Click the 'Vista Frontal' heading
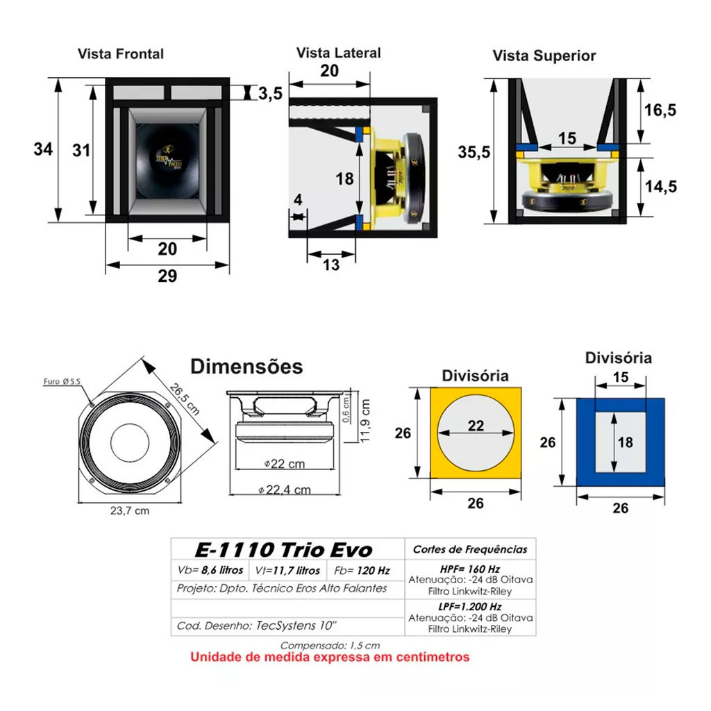pos(121,53)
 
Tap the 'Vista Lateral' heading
pos(338,53)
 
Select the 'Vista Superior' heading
pos(544,56)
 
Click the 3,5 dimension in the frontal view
pos(269,93)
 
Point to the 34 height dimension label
pos(43,149)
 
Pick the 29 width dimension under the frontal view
pos(167,276)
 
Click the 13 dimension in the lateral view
pos(332,264)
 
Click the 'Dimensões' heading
pos(246,366)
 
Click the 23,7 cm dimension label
pos(129,511)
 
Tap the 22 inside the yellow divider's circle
pos(476,426)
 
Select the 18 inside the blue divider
pos(625,442)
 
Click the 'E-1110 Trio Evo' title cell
pos(283,551)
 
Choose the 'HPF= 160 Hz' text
pos(470,569)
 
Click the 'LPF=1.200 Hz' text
pos(470,607)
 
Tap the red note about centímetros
pos(330,657)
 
